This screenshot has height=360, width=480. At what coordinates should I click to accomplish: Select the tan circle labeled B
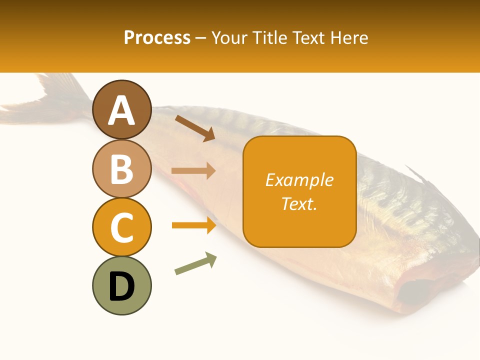pyautogui.click(x=121, y=168)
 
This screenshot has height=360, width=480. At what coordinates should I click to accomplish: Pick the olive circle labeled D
pyautogui.click(x=121, y=285)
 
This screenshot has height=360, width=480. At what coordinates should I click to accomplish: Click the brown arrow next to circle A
pyautogui.click(x=195, y=128)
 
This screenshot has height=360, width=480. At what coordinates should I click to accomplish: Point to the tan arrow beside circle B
pyautogui.click(x=193, y=171)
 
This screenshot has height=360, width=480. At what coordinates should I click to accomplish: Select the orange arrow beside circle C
pyautogui.click(x=193, y=225)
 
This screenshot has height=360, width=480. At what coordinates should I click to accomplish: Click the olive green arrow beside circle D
pyautogui.click(x=195, y=263)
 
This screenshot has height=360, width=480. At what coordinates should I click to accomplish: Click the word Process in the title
pyautogui.click(x=157, y=37)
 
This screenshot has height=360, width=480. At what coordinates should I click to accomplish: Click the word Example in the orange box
pyautogui.click(x=299, y=180)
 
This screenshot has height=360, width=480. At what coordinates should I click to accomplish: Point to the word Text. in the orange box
pyautogui.click(x=299, y=203)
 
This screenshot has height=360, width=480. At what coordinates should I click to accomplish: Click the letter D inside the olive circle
pyautogui.click(x=121, y=286)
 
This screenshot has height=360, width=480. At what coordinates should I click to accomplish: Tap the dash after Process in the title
pyautogui.click(x=201, y=38)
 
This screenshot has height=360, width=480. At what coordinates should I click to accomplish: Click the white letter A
pyautogui.click(x=121, y=111)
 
